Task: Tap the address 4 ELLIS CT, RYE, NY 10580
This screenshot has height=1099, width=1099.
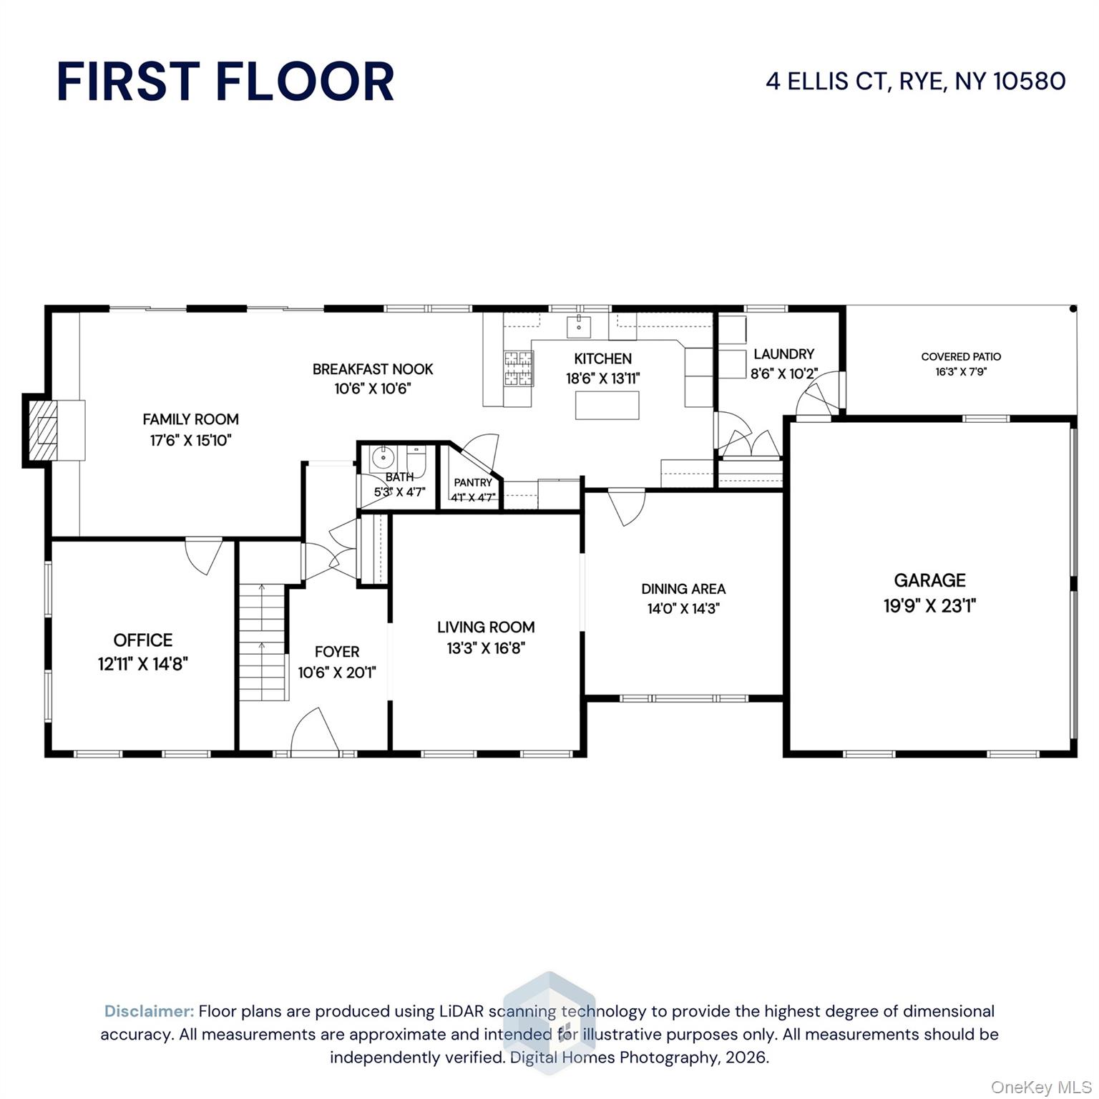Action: coord(915,81)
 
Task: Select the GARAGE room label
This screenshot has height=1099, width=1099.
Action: coord(929,580)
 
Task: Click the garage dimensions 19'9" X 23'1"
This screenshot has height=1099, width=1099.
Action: coord(929,606)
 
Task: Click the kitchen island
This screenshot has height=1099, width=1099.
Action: coord(607,405)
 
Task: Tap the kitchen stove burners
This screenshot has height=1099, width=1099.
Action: coord(519,368)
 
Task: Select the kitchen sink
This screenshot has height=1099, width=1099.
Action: coord(578,326)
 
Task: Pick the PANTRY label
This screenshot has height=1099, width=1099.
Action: coord(473,483)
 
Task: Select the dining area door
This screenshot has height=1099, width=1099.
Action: coord(627,507)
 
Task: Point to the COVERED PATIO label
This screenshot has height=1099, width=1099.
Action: coord(961,356)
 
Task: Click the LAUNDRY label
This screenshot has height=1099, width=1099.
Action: coord(783,354)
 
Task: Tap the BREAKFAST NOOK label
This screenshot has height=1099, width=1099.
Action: coord(373,369)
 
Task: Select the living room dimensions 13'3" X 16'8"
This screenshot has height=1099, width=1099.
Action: coord(486,648)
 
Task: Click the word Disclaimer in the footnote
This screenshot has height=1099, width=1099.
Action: coord(149,1011)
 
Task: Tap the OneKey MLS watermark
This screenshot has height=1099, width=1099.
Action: coord(1040,1088)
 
